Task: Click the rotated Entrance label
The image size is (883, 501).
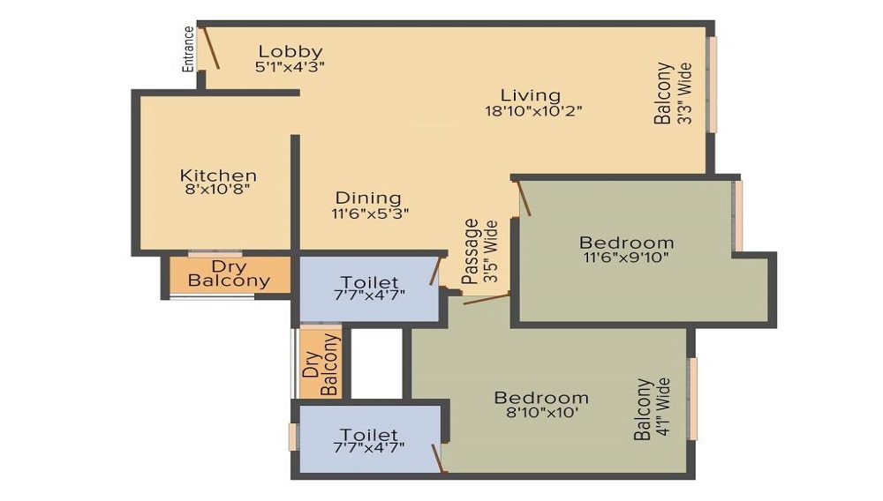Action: pos(188,49)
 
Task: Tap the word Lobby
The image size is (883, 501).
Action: pos(290,51)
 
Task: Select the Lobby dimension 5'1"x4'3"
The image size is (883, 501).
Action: pos(291,66)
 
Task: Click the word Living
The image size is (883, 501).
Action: pos(531,95)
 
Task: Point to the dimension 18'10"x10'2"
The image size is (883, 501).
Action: pos(533,110)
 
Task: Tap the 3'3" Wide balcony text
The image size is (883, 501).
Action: pos(683,93)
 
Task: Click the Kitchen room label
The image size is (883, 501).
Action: pos(218,176)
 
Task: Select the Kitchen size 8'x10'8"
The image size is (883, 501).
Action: pos(218,190)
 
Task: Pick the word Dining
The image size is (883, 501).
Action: pos(367,198)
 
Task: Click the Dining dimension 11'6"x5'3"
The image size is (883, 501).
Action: pos(370,213)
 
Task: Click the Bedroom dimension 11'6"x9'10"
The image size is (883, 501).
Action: pos(625,258)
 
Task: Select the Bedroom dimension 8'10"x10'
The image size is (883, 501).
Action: pos(540,412)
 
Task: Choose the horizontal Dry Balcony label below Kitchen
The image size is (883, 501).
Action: pos(229,273)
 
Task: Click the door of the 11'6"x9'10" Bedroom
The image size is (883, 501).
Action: pos(523,198)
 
